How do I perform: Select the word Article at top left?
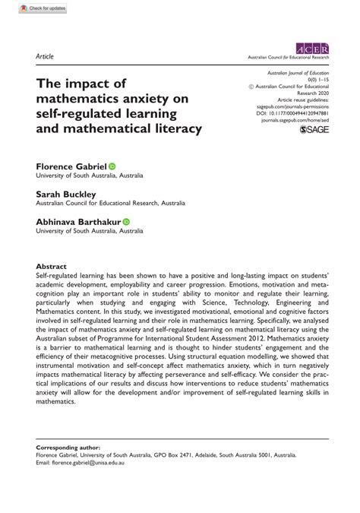tap(45, 56)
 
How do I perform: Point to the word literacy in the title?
tap(172, 128)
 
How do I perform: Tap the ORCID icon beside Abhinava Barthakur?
tap(127, 221)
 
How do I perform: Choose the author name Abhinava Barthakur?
tap(78, 221)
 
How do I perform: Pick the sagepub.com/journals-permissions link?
tap(296, 106)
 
